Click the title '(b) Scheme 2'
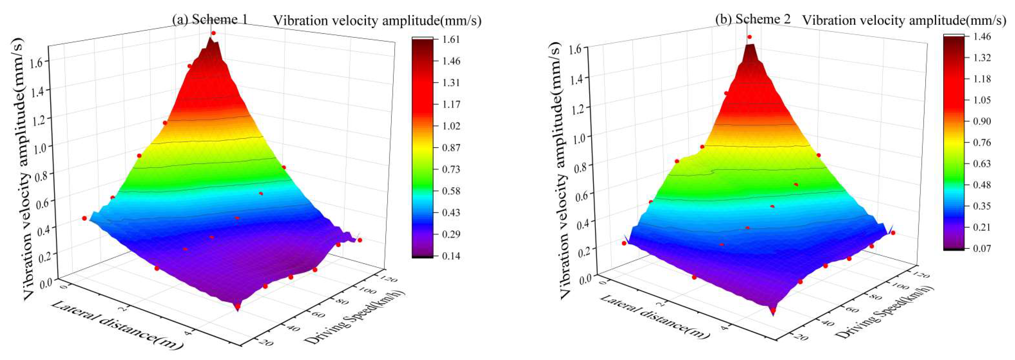753,19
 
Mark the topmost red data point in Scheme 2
749,37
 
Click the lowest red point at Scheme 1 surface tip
237,306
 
